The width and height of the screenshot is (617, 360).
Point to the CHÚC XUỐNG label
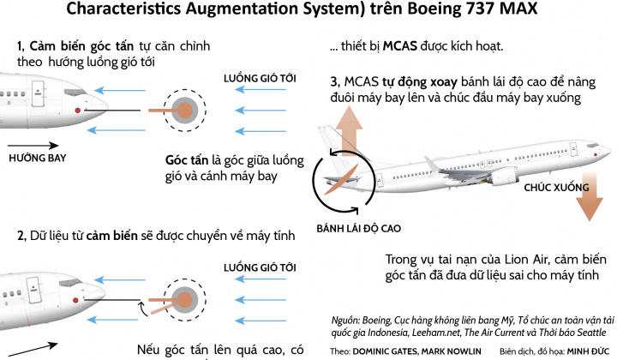pos(557,185)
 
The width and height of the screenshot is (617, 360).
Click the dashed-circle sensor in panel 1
pos(184,110)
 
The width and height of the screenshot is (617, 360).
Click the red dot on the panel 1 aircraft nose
pos(78,111)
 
